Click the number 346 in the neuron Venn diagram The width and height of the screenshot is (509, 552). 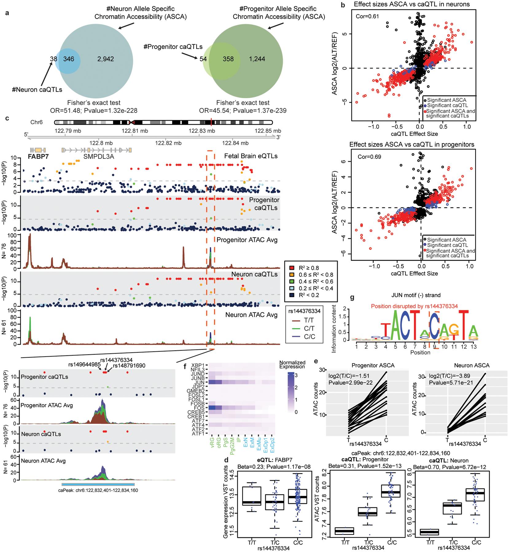[x=68, y=59]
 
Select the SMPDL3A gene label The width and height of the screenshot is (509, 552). [x=96, y=156]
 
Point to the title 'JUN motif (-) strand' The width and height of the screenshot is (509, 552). [x=420, y=295]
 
